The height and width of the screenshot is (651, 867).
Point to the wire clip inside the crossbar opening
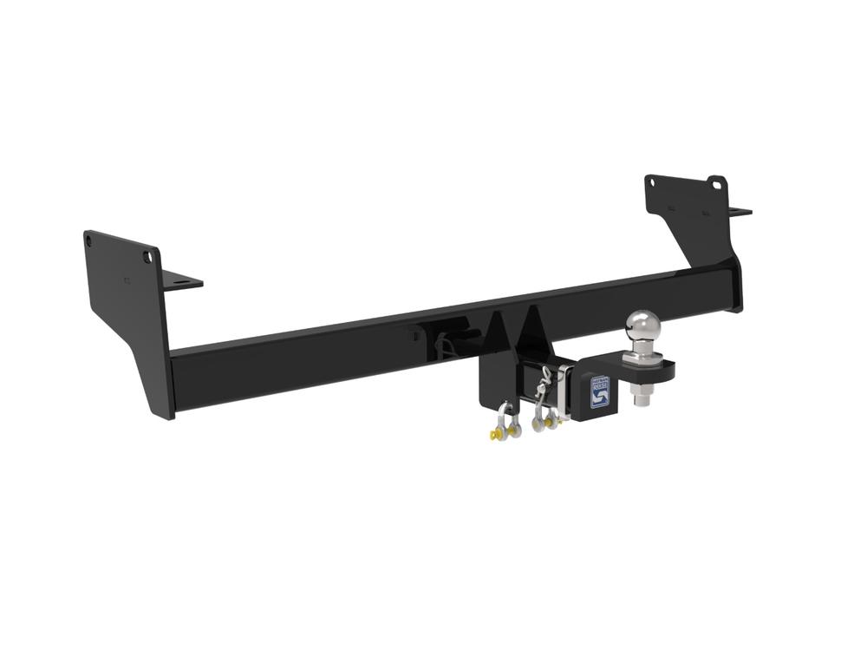[x=447, y=344]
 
